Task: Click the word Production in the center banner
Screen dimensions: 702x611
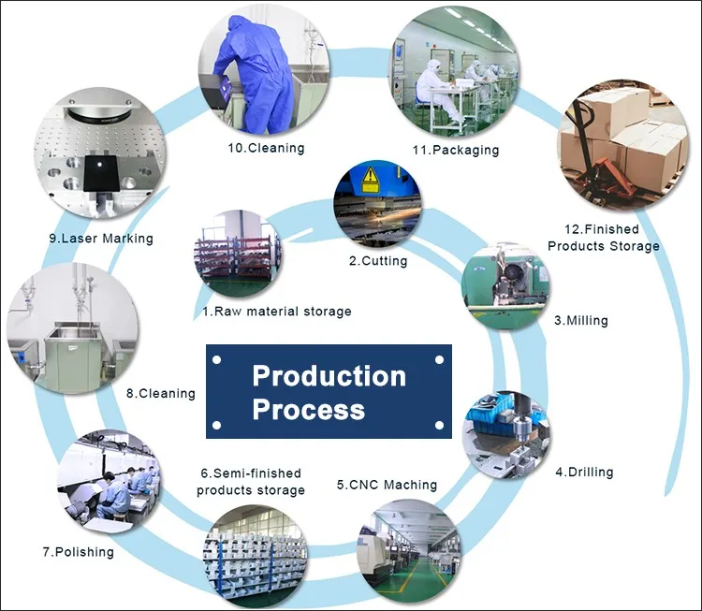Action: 329,375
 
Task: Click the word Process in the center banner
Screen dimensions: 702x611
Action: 309,409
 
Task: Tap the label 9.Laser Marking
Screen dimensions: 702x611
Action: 101,239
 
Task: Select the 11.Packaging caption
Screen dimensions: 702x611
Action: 456,150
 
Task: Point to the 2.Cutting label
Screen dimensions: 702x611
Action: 378,260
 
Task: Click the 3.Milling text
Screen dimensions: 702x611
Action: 581,320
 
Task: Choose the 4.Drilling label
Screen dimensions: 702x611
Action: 584,472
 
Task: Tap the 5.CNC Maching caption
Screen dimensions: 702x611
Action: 387,485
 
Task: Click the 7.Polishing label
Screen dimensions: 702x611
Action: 79,552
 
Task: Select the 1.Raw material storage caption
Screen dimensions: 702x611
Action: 277,312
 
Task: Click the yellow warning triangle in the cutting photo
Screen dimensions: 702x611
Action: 371,175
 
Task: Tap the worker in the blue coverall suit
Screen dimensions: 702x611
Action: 256,74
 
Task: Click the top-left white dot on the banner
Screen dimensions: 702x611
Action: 217,360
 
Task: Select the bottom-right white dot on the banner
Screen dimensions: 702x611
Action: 439,425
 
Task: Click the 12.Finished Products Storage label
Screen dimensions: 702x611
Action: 604,238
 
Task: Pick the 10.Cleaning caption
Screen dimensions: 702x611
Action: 267,148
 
